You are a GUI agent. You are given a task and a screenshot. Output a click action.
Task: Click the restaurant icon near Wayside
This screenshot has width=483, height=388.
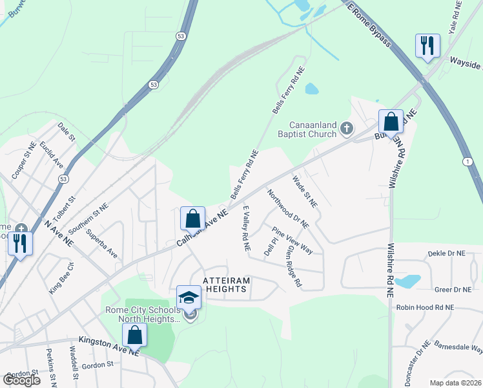point(427,46)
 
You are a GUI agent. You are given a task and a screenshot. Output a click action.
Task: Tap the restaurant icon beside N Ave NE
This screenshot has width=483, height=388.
point(20,243)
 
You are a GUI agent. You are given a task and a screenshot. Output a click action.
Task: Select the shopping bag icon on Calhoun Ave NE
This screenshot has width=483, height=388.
point(193,219)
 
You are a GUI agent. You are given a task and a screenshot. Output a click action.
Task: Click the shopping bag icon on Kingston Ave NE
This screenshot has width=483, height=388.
point(134,335)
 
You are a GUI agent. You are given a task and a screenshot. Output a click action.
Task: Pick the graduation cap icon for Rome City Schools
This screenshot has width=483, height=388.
point(189,298)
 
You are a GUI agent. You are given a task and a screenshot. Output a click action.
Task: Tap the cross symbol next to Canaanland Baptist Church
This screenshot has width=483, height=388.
point(347,129)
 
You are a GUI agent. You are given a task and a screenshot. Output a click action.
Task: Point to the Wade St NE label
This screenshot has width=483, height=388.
point(305,191)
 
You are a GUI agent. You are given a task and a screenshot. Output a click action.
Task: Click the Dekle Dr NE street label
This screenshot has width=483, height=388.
point(454,254)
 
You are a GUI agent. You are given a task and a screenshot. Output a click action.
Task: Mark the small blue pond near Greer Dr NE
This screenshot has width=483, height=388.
point(407,281)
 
